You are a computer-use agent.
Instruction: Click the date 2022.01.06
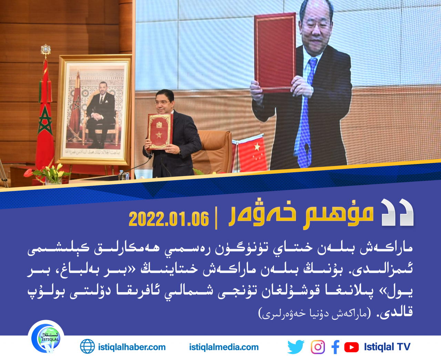point(169,219)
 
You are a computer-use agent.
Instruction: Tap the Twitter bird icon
point(296,347)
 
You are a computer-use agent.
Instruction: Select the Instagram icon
point(318,347)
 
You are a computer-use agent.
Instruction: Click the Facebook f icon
point(336,347)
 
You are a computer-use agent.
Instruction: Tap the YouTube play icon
point(351,347)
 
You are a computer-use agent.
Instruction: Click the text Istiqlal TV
point(387,347)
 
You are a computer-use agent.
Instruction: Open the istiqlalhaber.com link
point(132,347)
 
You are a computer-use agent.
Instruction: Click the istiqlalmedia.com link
point(224,347)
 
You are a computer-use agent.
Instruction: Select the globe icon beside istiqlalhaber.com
point(88,347)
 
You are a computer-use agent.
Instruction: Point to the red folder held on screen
point(275,52)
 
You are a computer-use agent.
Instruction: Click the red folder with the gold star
point(160,132)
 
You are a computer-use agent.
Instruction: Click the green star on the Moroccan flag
point(45,121)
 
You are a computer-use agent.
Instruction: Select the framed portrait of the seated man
point(93,110)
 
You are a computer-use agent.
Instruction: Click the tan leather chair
point(213,151)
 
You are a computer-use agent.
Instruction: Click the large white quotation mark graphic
point(397,212)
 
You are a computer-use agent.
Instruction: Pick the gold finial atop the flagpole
point(46,51)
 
